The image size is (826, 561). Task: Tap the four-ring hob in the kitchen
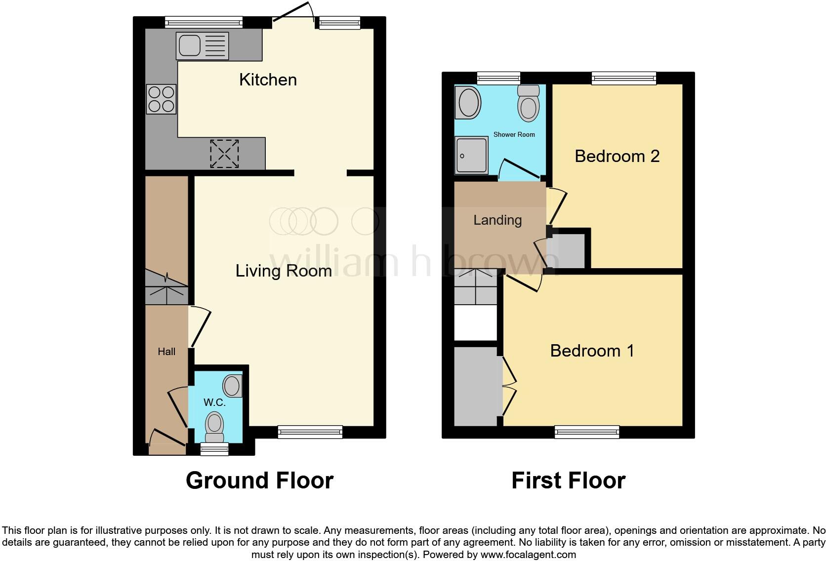tap(161, 99)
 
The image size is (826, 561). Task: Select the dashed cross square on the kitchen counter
tap(224, 153)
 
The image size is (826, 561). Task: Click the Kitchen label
tap(268, 80)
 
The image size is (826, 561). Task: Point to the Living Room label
tap(283, 271)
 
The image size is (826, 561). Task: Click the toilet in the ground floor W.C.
tap(214, 426)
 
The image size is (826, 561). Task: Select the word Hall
tap(166, 352)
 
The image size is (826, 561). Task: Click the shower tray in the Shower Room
tap(472, 156)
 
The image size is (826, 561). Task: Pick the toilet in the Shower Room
tap(528, 103)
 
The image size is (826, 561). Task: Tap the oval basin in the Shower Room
tap(469, 103)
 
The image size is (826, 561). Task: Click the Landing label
tap(497, 220)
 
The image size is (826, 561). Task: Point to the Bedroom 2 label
tap(617, 156)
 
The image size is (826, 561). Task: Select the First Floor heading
tap(568, 481)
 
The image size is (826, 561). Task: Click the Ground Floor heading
tap(259, 481)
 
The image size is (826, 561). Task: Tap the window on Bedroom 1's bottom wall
tap(587, 432)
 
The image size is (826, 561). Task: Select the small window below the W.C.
tap(214, 448)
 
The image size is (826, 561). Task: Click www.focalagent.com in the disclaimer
tap(528, 555)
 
